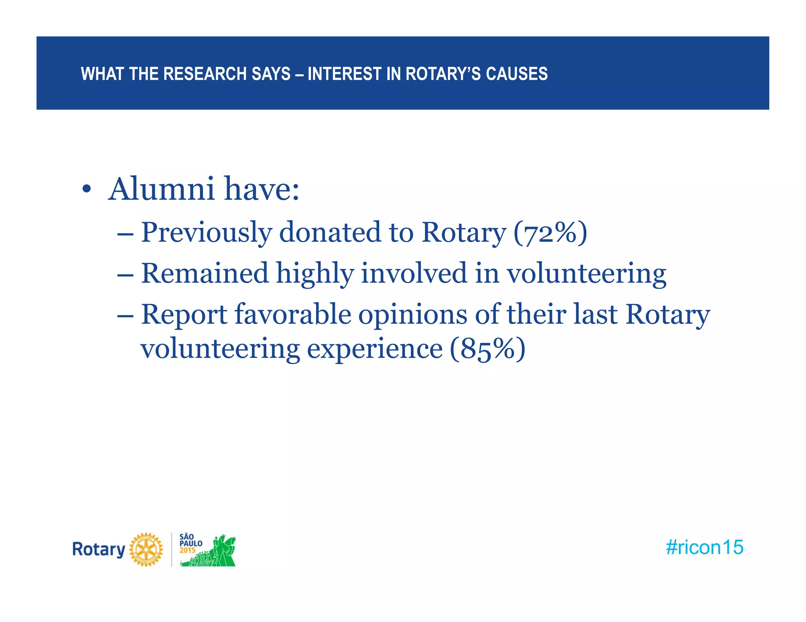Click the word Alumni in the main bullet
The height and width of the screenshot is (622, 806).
161,189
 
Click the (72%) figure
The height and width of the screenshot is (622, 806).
550,232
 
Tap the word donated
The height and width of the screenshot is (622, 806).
330,232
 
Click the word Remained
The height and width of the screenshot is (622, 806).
205,273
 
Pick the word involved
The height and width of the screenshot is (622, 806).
414,273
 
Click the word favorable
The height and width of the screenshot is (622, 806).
293,315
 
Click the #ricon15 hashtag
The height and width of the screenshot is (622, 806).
704,547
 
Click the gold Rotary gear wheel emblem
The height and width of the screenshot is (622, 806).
146,550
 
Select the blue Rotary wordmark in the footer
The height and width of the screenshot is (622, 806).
98,550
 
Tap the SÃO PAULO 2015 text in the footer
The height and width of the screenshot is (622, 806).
190,543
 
